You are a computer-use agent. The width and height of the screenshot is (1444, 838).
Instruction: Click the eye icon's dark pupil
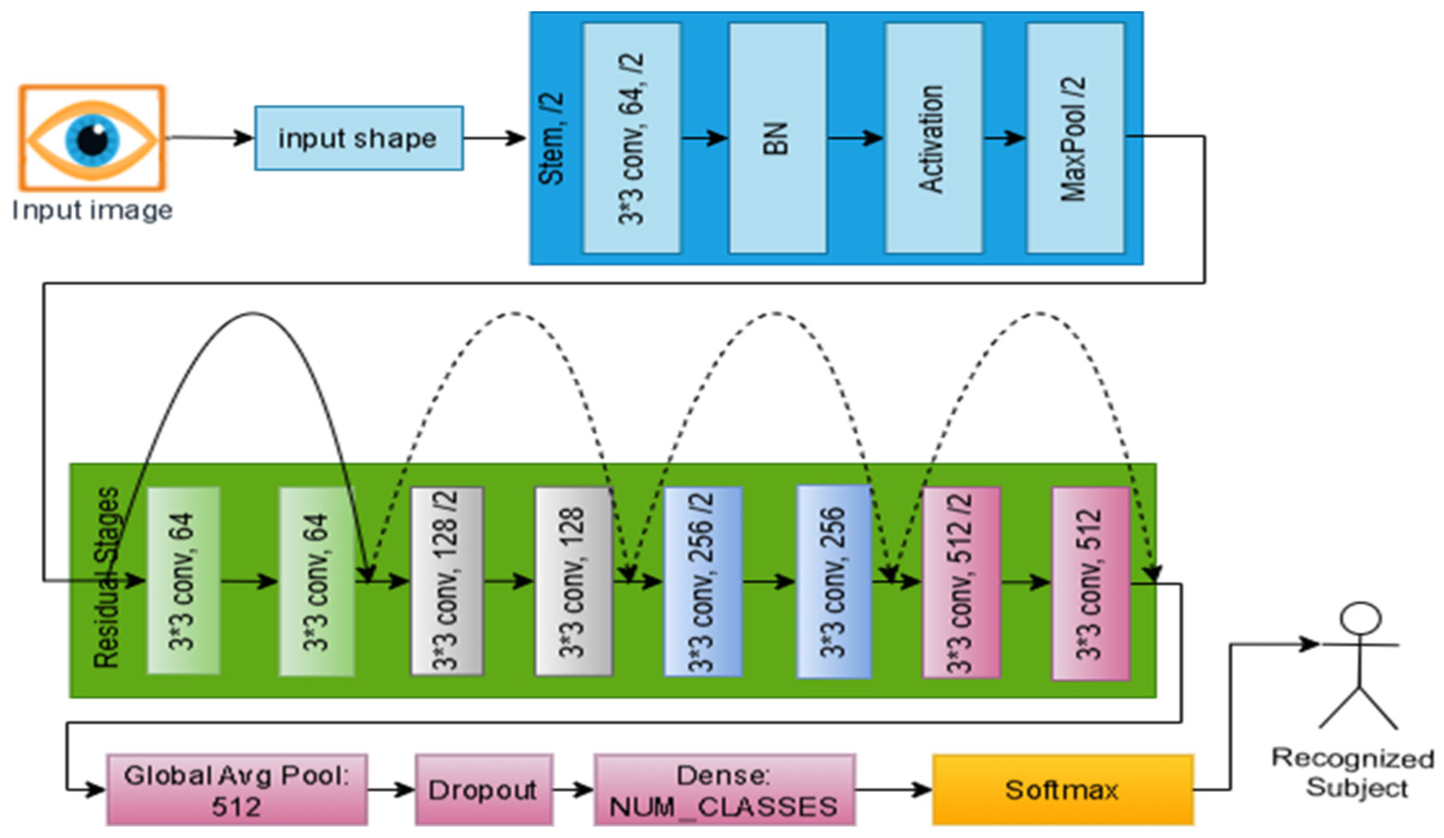pos(92,139)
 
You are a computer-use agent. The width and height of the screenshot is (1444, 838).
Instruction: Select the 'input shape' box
pos(359,138)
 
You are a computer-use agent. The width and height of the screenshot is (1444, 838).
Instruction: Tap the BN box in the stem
pos(777,138)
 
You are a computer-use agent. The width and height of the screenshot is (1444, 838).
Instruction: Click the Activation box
pos(933,138)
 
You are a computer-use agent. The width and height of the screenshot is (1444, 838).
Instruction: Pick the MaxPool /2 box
pos(1074,138)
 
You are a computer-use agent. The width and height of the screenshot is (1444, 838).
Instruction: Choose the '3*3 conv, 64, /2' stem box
pos(631,138)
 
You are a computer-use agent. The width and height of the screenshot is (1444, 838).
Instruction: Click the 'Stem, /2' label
pos(552,138)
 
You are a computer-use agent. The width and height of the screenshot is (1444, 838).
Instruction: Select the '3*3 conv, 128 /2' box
pos(447,581)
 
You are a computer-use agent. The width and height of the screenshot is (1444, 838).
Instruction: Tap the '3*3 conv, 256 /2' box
pos(702,581)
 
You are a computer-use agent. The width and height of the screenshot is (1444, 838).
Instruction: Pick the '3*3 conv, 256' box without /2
pos(834,581)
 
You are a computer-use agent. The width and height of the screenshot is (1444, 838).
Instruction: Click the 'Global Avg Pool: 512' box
pos(237,790)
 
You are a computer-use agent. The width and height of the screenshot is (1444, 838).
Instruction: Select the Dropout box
pos(483,790)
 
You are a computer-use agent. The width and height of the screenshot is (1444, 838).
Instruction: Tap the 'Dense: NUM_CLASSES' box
pos(724,790)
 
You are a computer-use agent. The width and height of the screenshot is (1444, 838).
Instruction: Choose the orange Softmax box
pos(1062,790)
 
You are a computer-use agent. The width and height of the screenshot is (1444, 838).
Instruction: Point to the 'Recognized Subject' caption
pos(1354,773)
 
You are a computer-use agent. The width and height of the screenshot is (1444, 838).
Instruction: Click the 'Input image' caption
pos(92,210)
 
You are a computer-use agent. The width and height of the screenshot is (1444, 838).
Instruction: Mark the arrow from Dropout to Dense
pos(574,790)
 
